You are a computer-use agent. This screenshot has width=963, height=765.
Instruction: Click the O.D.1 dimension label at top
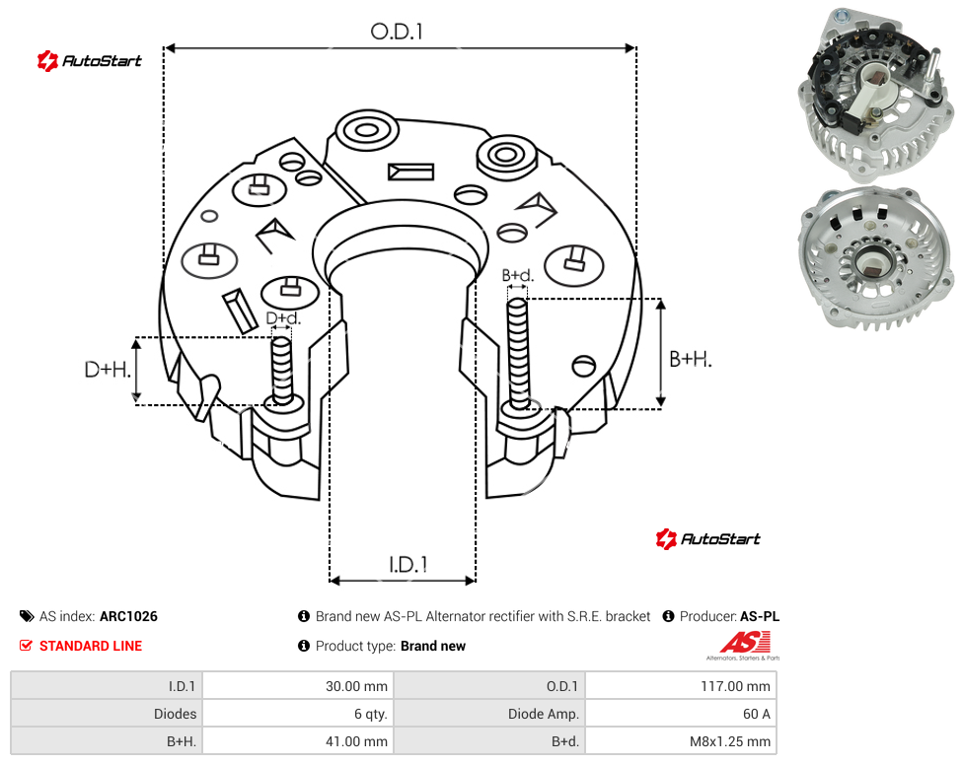(x=397, y=32)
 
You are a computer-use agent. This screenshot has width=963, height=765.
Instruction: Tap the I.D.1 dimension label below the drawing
(x=408, y=565)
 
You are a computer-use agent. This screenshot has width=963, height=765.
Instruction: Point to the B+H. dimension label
(x=691, y=359)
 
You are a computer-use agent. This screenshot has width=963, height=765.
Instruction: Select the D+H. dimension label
(x=108, y=370)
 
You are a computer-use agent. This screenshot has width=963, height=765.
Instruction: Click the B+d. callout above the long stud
(x=518, y=275)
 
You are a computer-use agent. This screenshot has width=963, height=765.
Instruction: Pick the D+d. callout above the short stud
(x=283, y=318)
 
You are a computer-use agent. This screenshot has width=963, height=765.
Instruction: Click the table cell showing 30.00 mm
(x=298, y=686)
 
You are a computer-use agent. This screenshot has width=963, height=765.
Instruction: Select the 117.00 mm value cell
(x=681, y=686)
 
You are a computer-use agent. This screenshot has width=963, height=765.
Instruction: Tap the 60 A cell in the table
(x=681, y=714)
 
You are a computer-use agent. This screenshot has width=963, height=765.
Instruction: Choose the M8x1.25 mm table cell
(x=681, y=741)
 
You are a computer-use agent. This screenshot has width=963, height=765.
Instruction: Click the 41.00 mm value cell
(x=298, y=741)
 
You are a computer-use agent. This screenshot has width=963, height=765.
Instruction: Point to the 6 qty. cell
(x=298, y=714)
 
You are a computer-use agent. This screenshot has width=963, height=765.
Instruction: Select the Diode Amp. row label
(x=543, y=714)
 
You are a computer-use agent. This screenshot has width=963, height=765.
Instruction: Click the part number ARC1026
(x=128, y=616)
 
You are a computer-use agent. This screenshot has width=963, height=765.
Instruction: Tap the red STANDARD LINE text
(x=91, y=646)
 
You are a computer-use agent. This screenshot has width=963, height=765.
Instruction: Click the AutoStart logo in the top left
(x=89, y=61)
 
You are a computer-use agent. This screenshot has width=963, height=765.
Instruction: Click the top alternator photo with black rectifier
(x=876, y=95)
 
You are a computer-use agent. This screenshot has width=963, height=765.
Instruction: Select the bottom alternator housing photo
(x=876, y=257)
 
